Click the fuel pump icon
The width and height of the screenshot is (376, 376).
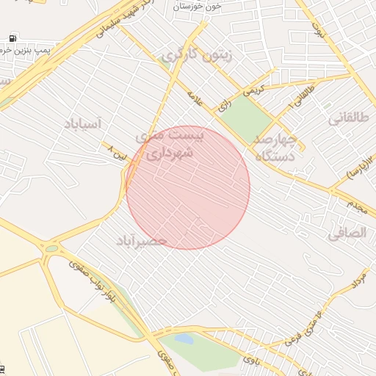pos(12,37)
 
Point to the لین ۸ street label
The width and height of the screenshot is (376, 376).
pos(117,153)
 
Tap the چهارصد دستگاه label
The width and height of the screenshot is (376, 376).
pos(275,147)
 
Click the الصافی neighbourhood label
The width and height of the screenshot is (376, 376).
pos(346,234)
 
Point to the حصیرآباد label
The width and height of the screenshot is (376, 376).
pos(142,241)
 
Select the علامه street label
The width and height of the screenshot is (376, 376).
pos(196,98)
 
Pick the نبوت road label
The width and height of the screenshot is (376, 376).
pos(318,30)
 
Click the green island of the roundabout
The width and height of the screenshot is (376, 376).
pos(51,249)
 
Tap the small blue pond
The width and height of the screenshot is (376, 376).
pos(185,339)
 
